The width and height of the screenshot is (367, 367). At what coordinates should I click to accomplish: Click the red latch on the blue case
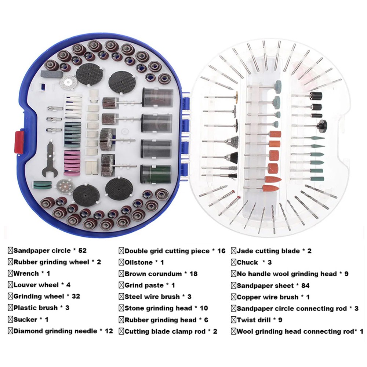pos(19,142)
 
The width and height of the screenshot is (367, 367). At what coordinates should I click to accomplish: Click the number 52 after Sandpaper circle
pos(82,251)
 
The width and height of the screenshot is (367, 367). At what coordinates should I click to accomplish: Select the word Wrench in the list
pos(26,273)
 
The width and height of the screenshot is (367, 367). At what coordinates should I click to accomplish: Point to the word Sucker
pos(25,320)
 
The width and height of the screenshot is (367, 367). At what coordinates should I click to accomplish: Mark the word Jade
pos(244,251)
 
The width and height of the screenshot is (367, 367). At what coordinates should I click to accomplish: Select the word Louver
pos(26,285)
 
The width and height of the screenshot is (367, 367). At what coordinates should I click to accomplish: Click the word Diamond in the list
pos(29,331)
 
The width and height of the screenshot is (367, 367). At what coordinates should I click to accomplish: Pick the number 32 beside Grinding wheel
pos(75,296)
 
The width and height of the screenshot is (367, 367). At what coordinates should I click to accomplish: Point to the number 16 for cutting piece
pos(221,251)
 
